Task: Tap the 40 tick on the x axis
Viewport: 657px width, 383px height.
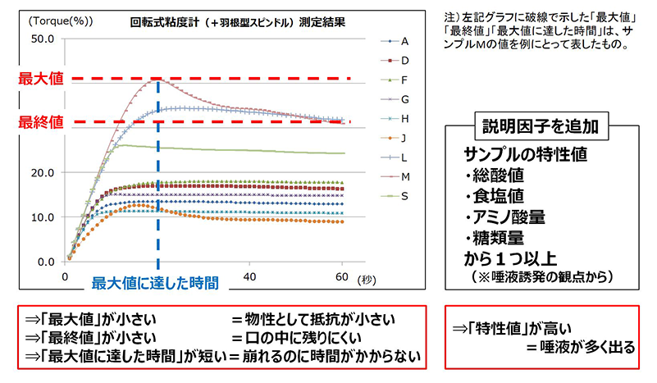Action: tap(251, 276)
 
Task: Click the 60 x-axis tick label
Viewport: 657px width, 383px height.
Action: tap(341, 276)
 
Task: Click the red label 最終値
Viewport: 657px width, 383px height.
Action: tap(37, 121)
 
